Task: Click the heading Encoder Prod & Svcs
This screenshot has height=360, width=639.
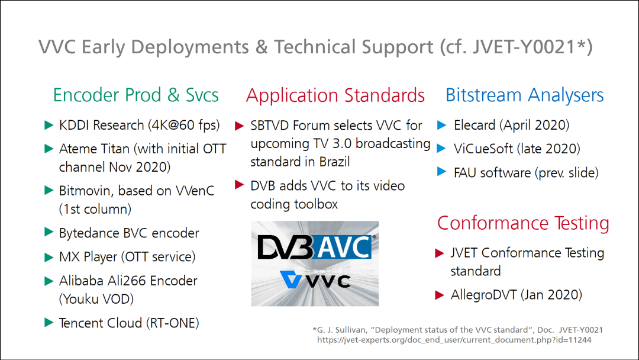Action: tap(135, 95)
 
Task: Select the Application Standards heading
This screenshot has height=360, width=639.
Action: tap(335, 95)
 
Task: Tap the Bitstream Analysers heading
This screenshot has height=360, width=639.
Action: tap(524, 95)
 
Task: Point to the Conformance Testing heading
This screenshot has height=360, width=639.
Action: tap(523, 223)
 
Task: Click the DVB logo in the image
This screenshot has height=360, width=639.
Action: tap(286, 247)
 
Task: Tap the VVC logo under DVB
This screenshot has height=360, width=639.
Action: tap(315, 280)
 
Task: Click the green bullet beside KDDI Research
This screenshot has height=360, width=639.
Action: tap(49, 125)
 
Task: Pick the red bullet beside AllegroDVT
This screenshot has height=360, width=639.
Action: tap(439, 295)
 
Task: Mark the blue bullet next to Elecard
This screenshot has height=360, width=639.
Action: tap(442, 125)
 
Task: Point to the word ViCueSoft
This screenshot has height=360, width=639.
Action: tap(483, 149)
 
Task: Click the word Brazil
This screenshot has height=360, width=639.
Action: tap(334, 162)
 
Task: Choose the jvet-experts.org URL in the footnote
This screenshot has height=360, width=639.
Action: tap(454, 340)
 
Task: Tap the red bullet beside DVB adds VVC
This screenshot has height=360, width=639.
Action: tap(240, 185)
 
